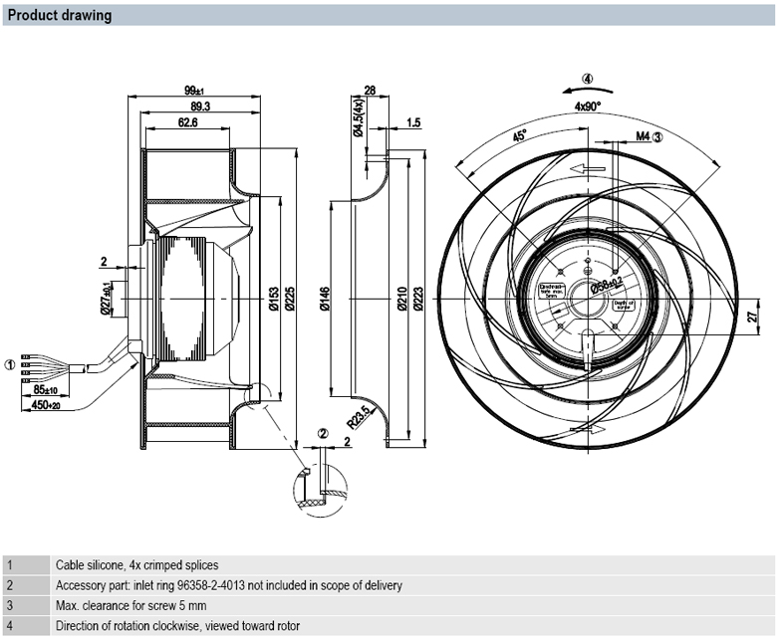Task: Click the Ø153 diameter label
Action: (x=273, y=302)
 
